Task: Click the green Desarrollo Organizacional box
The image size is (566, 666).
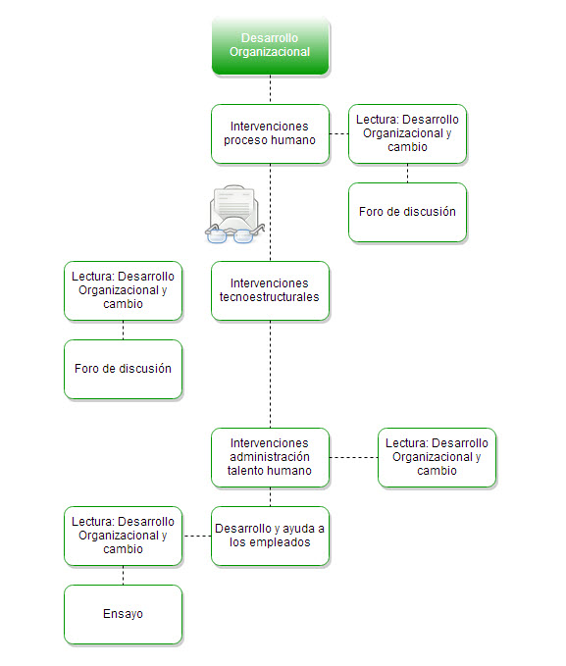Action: tap(271, 45)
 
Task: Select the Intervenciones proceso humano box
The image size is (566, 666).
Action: tap(271, 133)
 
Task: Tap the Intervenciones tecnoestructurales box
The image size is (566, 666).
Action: tap(271, 290)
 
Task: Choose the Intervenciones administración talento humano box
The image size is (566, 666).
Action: tap(271, 457)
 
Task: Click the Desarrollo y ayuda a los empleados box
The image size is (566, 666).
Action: tap(271, 536)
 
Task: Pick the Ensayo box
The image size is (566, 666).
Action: tap(124, 614)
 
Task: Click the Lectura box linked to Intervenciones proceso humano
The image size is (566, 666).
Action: tap(407, 133)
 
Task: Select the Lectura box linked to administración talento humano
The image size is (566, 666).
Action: tap(437, 457)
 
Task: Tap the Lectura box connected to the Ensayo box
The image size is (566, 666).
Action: tap(124, 536)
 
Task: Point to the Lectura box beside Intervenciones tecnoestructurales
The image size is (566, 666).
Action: tap(124, 290)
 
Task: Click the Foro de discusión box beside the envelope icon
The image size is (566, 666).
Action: tap(407, 213)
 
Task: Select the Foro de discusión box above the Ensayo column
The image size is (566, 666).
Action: tap(124, 369)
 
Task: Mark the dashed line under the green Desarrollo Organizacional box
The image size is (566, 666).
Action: tap(271, 89)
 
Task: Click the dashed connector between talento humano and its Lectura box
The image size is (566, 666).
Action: tap(353, 457)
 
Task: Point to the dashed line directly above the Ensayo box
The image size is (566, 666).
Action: tap(124, 575)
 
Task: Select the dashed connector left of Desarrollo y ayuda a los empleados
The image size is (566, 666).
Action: tap(197, 536)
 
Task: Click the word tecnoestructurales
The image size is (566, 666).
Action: tap(270, 297)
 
